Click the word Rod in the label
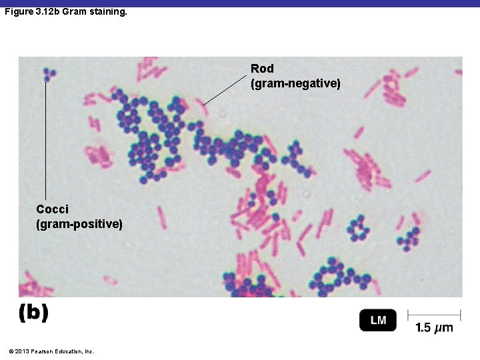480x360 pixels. click(x=262, y=69)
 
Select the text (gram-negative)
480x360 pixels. click(x=295, y=84)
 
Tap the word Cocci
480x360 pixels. click(x=52, y=209)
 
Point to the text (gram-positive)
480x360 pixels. click(x=79, y=224)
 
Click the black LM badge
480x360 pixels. click(x=377, y=321)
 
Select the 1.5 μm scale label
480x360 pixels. click(x=434, y=327)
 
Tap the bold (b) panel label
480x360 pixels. click(x=33, y=313)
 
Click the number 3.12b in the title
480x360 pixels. click(x=47, y=12)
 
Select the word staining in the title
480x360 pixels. click(x=107, y=12)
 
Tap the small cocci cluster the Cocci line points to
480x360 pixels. click(x=47, y=74)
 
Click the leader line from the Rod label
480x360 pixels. click(x=225, y=90)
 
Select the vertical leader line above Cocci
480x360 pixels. click(x=46, y=140)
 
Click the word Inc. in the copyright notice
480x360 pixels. click(x=88, y=351)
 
